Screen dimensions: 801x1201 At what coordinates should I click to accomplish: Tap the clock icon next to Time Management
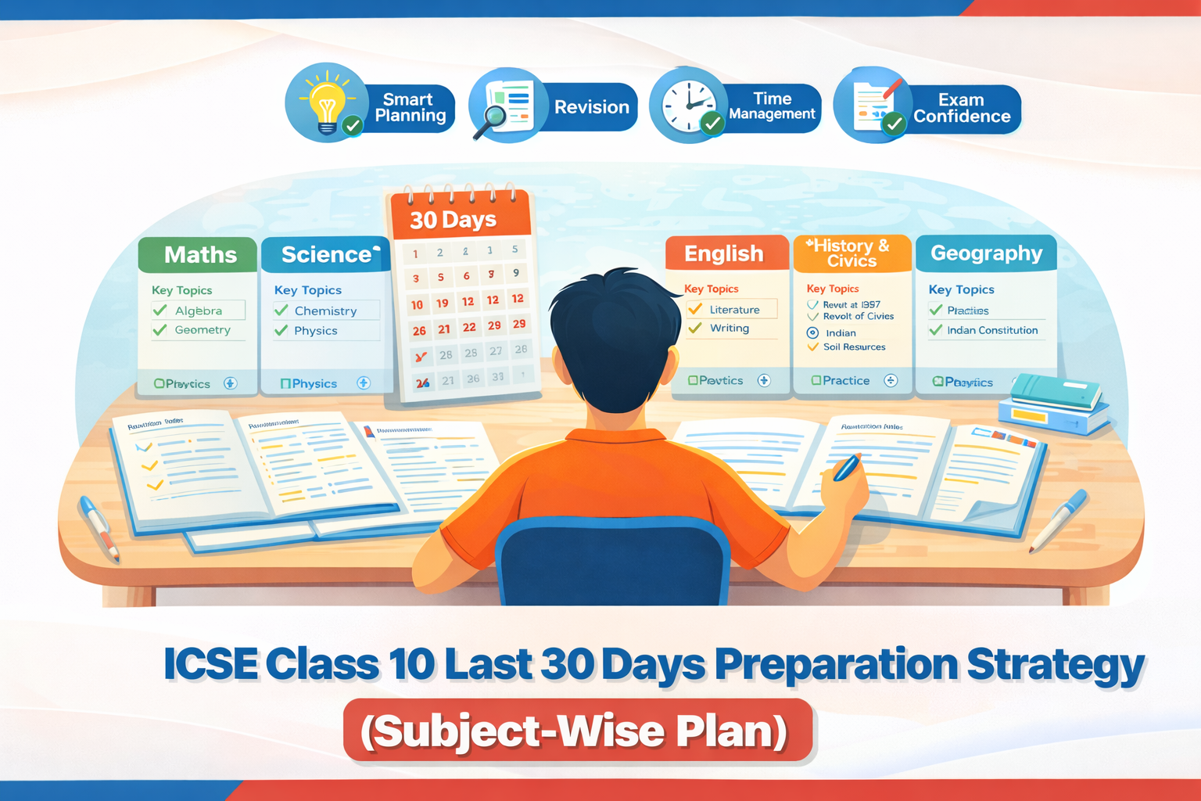point(688,106)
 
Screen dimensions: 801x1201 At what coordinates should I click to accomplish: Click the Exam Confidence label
point(962,108)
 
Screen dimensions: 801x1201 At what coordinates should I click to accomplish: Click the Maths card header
point(199,254)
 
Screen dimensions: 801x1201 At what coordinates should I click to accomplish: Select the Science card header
point(325,254)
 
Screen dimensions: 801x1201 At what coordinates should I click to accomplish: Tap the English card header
point(724,253)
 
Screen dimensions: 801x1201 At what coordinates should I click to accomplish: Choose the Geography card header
point(986,253)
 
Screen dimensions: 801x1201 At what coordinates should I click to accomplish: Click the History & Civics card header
point(851,253)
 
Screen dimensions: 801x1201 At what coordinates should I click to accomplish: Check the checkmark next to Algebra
point(160,311)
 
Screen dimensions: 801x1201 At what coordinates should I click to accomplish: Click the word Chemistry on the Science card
point(325,311)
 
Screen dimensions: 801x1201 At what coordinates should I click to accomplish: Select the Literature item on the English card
point(734,310)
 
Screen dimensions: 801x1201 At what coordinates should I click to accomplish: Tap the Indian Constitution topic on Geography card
point(992,330)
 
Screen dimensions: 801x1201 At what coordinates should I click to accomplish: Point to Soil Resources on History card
point(854,347)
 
